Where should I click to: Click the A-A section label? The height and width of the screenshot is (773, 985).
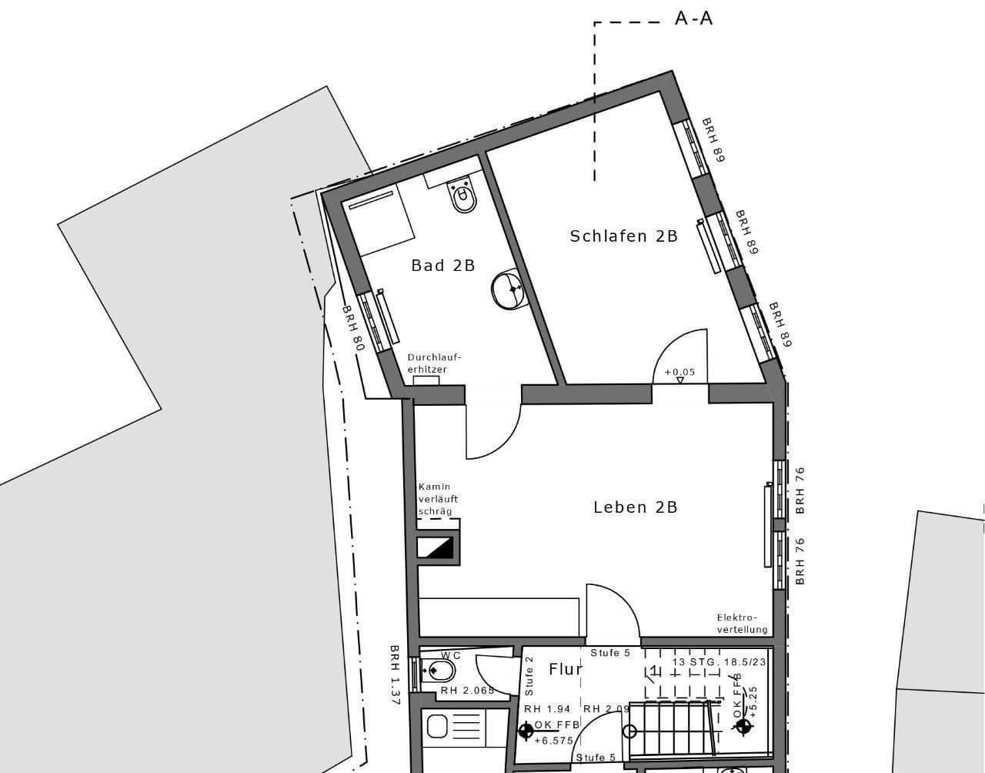[693, 18]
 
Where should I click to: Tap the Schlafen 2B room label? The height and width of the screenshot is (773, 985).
[623, 236]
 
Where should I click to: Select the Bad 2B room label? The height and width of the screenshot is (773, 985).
[442, 266]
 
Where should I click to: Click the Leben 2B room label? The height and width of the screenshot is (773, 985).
[635, 507]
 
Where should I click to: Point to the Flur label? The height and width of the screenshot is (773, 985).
[565, 669]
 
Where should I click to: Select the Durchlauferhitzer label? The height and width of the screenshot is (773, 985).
[434, 363]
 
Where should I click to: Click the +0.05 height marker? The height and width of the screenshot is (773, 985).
[679, 372]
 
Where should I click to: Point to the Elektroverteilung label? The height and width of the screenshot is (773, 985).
[742, 624]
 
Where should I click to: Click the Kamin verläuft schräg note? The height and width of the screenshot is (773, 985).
[438, 499]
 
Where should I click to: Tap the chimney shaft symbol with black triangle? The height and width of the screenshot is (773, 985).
[436, 547]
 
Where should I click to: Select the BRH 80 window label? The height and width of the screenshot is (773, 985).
[352, 328]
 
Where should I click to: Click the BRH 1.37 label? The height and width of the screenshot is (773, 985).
[395, 675]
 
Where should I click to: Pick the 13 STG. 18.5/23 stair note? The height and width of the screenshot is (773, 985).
[719, 661]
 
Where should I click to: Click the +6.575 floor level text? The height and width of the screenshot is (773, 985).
[553, 740]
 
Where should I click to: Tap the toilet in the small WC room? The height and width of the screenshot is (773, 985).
[439, 671]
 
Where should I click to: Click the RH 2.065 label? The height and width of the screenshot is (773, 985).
[466, 691]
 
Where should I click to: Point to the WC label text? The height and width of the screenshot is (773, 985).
[451, 655]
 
